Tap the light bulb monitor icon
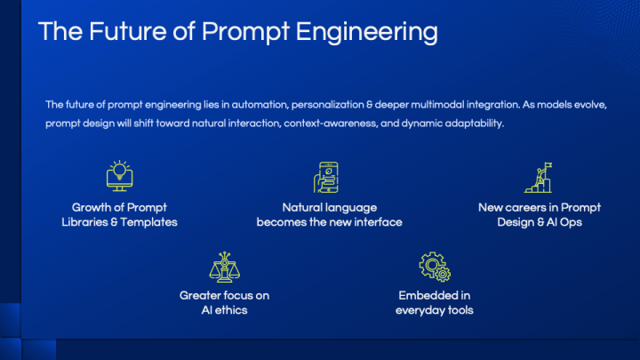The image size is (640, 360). pyautogui.click(x=119, y=175)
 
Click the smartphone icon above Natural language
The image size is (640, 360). pyautogui.click(x=329, y=177)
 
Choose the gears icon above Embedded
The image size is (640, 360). pyautogui.click(x=435, y=266)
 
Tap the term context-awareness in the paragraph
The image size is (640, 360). pyautogui.click(x=324, y=123)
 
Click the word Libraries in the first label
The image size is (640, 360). pyautogui.click(x=84, y=222)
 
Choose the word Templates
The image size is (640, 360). pyautogui.click(x=148, y=222)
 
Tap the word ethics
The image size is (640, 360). pyautogui.click(x=230, y=310)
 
